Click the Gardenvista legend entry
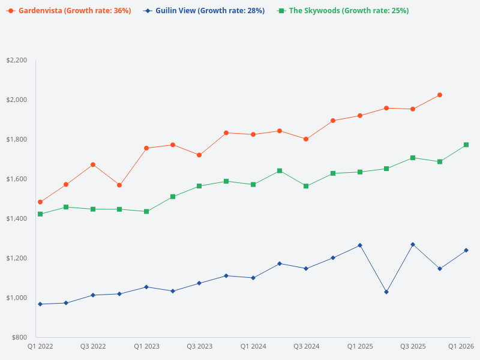point(69,11)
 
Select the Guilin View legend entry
point(204,11)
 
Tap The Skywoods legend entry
point(343,11)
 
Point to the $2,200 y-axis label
point(16,60)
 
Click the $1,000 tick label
point(16,298)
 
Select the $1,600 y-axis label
point(16,179)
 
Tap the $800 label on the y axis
point(18,337)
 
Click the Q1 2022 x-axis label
point(40,346)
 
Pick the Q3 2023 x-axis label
point(199,346)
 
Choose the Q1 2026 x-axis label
point(461,346)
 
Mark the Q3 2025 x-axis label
point(413,346)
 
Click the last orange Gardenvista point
point(440,95)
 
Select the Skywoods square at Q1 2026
point(466,145)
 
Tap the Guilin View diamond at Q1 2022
point(40,304)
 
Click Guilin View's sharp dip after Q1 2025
point(386,292)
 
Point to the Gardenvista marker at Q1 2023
point(146,148)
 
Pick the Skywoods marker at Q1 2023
point(146,211)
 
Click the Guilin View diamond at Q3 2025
point(413,244)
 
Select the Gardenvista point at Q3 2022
point(93,164)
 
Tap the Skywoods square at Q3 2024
point(306,186)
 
